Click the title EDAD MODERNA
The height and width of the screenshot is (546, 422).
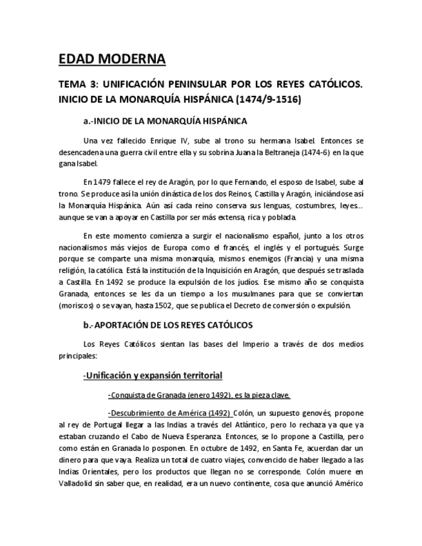(111, 60)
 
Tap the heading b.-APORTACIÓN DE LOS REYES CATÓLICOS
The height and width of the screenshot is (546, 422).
(168, 325)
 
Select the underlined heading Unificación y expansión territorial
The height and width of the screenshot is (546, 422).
(153, 375)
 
